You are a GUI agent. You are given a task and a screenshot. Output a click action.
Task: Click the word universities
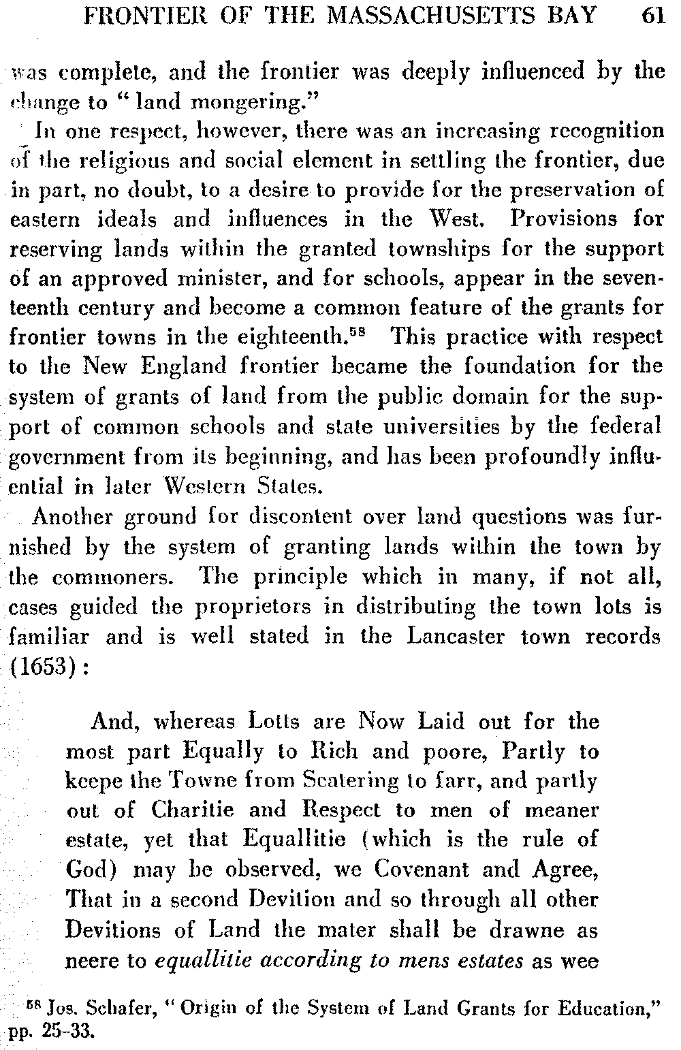point(447,426)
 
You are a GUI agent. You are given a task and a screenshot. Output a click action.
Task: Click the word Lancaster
point(460,636)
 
